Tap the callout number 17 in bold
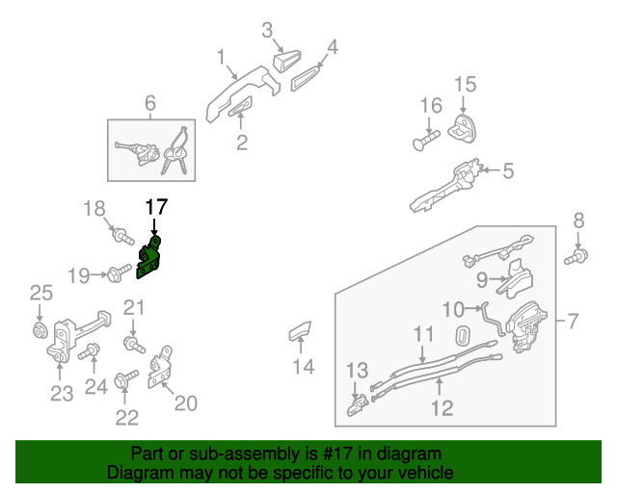coord(156,206)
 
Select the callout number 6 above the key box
coord(150,103)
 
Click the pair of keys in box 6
coord(175,154)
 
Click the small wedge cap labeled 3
coord(287,60)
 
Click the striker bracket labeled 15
coord(465,125)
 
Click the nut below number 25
coord(40,332)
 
